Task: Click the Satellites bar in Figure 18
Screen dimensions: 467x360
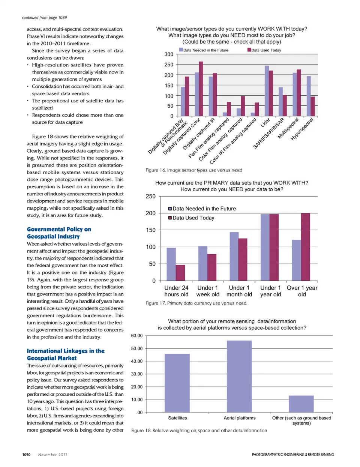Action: [x=177, y=383]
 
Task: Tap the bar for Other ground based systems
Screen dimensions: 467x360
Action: [x=301, y=404]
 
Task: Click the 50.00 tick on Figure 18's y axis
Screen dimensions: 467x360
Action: [x=137, y=348]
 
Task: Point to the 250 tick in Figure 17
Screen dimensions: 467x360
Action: [x=150, y=196]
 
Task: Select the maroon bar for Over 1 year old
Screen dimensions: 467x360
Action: [x=305, y=247]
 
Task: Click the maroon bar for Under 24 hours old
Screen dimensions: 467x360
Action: [x=180, y=273]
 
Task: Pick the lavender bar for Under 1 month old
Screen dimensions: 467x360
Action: [x=234, y=256]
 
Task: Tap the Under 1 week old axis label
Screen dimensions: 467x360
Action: [x=208, y=291]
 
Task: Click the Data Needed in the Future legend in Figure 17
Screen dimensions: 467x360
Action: [x=202, y=209]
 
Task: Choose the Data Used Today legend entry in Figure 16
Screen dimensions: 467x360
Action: [x=264, y=50]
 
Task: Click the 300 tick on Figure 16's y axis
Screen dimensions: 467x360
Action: [x=169, y=54]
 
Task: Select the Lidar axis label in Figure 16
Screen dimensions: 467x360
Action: [x=265, y=122]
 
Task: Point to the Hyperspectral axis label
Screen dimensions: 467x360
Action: [x=302, y=129]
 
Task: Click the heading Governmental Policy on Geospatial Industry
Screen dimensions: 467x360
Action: [x=59, y=233]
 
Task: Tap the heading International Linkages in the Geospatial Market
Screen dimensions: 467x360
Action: [x=66, y=354]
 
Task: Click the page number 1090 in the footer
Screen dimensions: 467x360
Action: [x=26, y=455]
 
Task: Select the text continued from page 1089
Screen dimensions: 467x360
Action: [x=44, y=18]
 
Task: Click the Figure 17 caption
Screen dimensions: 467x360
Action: [x=196, y=303]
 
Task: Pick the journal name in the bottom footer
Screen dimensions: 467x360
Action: [x=292, y=455]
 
